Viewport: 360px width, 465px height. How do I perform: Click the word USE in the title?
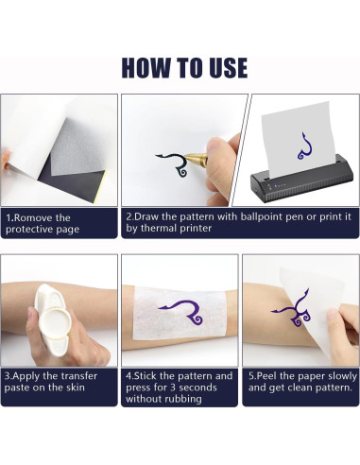coord(229,67)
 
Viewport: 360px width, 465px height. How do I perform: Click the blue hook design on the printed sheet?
coord(304,146)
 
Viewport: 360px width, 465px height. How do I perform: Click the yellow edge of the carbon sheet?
coord(101,186)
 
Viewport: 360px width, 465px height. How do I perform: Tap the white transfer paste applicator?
coord(53,319)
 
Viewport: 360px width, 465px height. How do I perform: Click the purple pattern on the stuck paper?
coord(182,312)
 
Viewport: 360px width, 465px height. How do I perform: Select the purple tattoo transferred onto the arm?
coord(291,309)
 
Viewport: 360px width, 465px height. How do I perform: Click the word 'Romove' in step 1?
coord(34,217)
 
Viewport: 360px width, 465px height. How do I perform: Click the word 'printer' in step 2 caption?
coord(196,229)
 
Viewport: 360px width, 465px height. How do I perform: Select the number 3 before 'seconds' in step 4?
coord(173,387)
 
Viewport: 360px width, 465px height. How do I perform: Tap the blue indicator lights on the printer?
coord(280,186)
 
